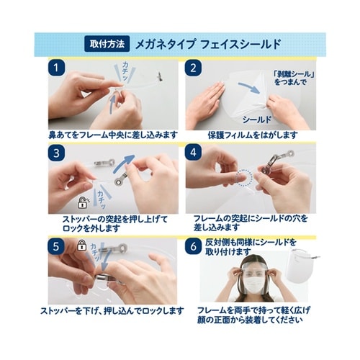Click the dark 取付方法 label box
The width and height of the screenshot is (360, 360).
tap(105, 42)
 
